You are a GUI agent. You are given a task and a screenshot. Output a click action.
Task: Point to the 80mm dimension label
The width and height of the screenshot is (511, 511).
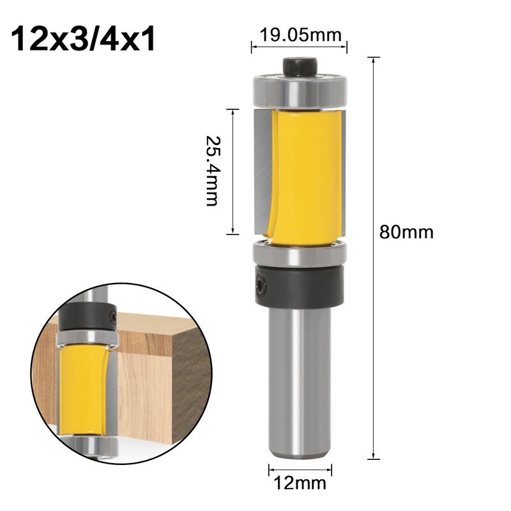[406, 231]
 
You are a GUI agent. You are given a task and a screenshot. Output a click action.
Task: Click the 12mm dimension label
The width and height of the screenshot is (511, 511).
[300, 484]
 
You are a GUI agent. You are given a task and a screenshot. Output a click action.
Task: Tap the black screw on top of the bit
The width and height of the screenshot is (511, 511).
[300, 66]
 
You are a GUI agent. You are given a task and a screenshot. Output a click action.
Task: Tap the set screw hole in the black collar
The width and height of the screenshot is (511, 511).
[261, 282]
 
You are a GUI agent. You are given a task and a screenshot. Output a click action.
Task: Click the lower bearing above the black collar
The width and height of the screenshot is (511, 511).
[300, 254]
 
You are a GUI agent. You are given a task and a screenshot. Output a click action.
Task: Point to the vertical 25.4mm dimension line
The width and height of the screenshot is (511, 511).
[234, 170]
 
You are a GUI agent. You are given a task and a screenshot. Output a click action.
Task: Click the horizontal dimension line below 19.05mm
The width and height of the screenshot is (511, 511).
[300, 45]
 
